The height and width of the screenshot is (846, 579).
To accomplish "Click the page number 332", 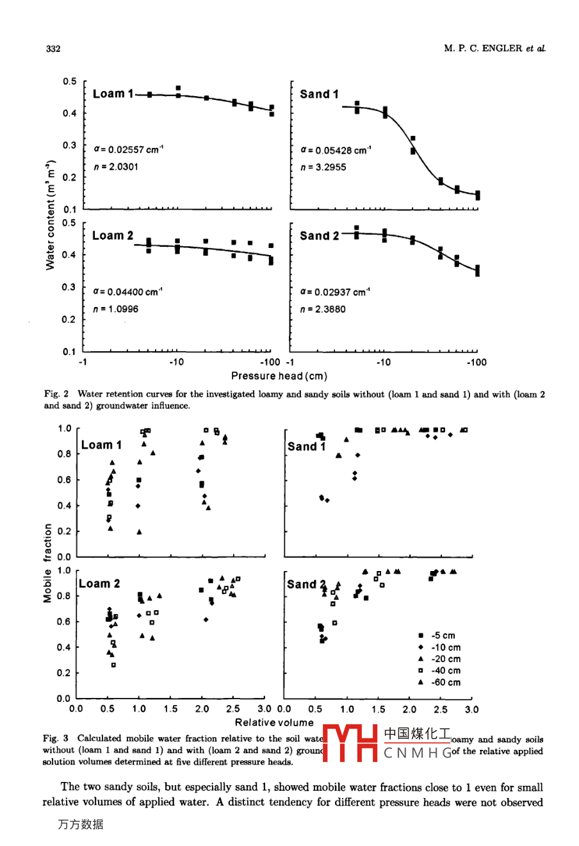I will coord(53,49).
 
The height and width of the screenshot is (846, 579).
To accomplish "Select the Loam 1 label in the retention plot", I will coord(113,94).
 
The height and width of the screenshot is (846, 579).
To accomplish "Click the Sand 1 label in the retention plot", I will coord(319,94).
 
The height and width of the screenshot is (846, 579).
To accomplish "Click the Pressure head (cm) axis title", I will coord(279,376).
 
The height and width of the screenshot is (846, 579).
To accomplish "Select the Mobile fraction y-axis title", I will coord(47,563).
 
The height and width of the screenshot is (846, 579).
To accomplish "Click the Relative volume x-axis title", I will coord(274,722).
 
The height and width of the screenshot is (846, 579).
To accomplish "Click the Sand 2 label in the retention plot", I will coord(319,236).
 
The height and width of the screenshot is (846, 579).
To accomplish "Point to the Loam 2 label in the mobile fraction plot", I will coord(99,583).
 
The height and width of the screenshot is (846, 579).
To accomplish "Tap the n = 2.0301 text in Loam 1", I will coord(115,167).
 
